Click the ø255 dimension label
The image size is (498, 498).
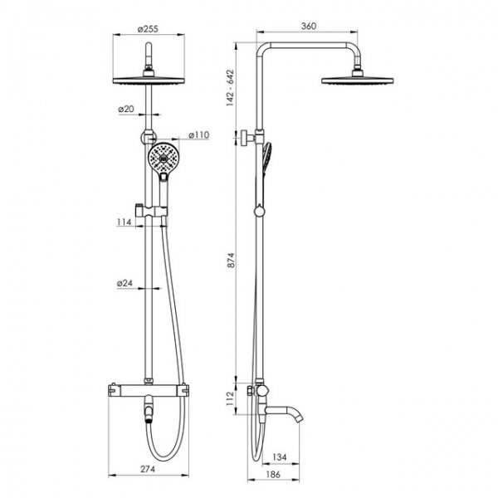point(148,29)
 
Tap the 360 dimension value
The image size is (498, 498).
point(309,26)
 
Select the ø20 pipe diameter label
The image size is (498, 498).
point(126,109)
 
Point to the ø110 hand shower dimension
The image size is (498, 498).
point(199,135)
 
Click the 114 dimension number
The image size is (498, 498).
point(124,222)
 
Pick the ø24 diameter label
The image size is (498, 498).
point(124,283)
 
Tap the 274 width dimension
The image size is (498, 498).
point(148,469)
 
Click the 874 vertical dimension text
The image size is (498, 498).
point(231,260)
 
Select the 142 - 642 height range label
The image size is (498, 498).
point(230,88)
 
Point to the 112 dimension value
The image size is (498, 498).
point(230,398)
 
